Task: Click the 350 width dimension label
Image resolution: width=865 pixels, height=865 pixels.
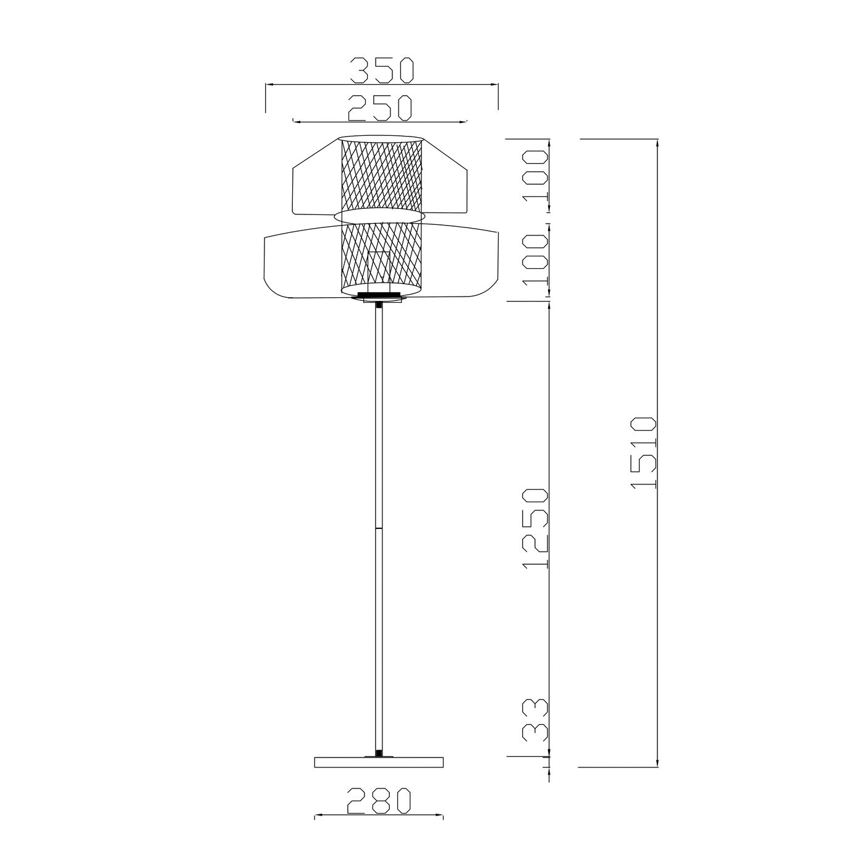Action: pyautogui.click(x=381, y=71)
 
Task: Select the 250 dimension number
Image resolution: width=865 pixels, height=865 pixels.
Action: pyautogui.click(x=380, y=108)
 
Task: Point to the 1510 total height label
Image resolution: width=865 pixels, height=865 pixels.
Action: pyautogui.click(x=644, y=453)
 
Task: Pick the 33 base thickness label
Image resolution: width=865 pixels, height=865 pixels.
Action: pyautogui.click(x=536, y=727)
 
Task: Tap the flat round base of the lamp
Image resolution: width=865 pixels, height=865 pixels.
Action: pyautogui.click(x=379, y=762)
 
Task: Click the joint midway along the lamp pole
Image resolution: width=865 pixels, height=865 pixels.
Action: pyautogui.click(x=379, y=528)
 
